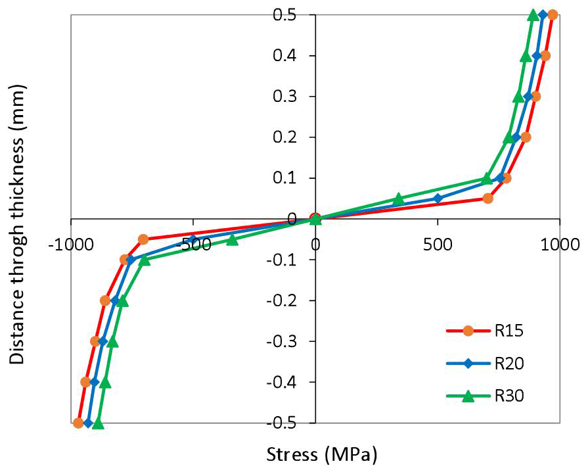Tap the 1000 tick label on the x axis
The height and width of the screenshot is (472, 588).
pos(560,245)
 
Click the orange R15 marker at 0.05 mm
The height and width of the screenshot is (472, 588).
pos(487,198)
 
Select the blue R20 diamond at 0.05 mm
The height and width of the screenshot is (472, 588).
pos(438,199)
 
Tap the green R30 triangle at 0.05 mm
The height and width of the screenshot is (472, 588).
pos(398,199)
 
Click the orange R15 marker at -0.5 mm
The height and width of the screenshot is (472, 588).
pos(78,423)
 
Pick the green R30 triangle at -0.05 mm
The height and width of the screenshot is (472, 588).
pos(232,239)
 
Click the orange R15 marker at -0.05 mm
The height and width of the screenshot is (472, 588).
pos(143,239)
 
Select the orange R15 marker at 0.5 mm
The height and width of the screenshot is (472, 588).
pos(553,15)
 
